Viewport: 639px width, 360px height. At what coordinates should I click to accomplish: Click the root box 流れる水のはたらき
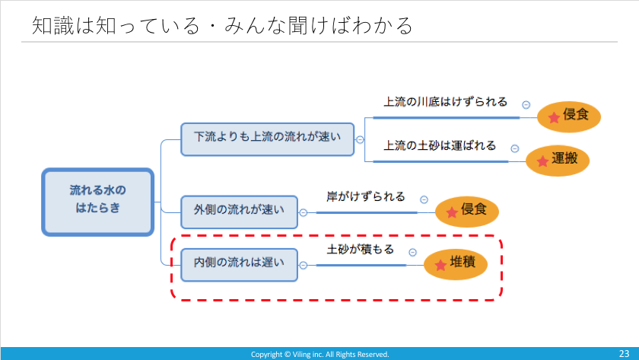coord(98,202)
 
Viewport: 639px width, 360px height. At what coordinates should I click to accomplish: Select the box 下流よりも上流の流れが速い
coord(267,139)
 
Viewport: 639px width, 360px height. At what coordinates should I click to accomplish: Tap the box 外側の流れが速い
coord(239,212)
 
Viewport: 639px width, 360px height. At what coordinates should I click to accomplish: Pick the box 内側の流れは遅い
coord(239,265)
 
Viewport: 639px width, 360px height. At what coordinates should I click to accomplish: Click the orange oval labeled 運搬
coord(558,161)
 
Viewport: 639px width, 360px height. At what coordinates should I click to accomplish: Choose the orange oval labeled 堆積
coord(456,264)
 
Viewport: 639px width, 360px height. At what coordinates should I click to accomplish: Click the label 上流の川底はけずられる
coord(446,101)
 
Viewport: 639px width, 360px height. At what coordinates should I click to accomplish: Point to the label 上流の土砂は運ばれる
coord(440,145)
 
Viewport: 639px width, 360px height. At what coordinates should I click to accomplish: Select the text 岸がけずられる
coord(366,196)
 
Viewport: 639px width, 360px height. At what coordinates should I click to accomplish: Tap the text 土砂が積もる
coord(361,249)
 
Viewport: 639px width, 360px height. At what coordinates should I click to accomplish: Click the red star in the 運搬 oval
coord(542,161)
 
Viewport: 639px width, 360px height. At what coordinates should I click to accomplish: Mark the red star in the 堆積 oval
coord(440,266)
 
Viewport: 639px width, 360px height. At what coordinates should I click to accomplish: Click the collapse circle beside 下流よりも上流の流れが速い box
coord(360,139)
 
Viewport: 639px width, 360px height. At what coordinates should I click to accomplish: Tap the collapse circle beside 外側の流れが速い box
coord(304,212)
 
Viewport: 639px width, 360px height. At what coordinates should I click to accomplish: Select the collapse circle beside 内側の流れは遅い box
coord(304,266)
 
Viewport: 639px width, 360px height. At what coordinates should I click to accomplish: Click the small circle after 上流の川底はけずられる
coord(526,105)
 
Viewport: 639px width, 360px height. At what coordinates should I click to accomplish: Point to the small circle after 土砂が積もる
coord(413,253)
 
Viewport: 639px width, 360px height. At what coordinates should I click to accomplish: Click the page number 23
coord(625,353)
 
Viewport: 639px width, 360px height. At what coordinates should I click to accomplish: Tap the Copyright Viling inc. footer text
coord(320,355)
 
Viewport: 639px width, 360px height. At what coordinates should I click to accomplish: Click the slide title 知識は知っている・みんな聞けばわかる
coord(222,25)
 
